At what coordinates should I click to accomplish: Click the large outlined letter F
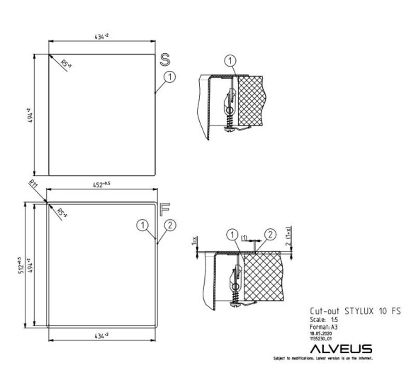coord(165,210)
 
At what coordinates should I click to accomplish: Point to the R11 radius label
coord(34,186)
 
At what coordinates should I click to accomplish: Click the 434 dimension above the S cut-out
coord(103,35)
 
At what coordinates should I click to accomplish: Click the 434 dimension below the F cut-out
coord(101,334)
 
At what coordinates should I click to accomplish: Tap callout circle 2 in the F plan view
coord(170,225)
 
